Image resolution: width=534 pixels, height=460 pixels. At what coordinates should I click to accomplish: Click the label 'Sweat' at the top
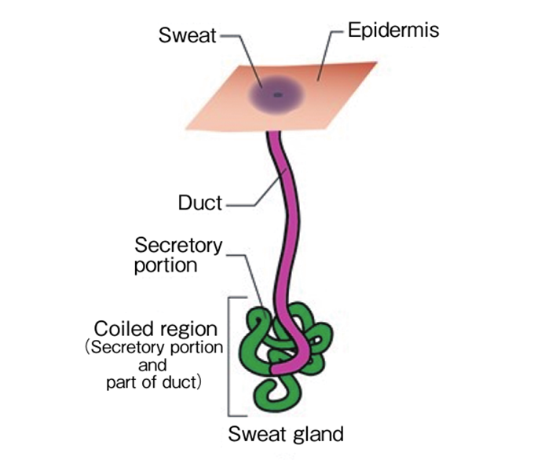click(x=188, y=35)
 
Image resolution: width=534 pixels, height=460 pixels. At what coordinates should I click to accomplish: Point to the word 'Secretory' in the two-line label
click(x=178, y=246)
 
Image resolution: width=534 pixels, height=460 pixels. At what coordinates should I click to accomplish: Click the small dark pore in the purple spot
click(x=277, y=95)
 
